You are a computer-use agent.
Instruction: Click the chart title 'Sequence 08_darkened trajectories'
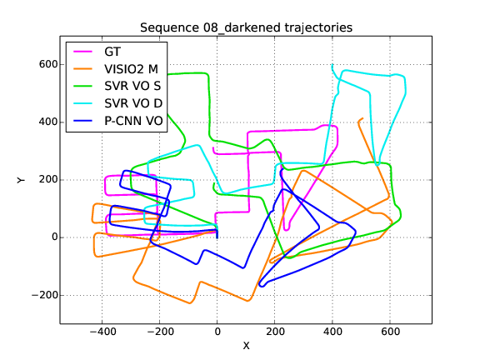(x=246, y=27)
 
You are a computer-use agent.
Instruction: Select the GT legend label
(x=112, y=52)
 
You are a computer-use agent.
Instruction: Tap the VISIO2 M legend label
(x=132, y=69)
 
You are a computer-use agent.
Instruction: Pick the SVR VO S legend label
(x=132, y=86)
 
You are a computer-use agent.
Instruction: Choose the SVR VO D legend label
(x=133, y=103)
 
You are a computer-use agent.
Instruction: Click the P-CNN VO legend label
(x=134, y=121)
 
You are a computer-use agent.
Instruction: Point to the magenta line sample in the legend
(x=82, y=52)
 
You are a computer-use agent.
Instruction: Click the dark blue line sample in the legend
(x=82, y=121)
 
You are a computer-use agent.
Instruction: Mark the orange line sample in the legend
(x=82, y=69)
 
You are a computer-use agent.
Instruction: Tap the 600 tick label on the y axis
(x=48, y=65)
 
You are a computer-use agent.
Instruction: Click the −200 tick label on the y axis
(x=45, y=295)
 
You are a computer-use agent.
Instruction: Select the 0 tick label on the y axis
(x=55, y=237)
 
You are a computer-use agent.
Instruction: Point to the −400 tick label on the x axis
(x=102, y=332)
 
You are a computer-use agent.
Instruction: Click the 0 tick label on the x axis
(x=217, y=332)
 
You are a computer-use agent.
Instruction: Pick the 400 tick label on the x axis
(x=332, y=332)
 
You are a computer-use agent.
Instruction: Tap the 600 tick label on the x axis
(x=390, y=332)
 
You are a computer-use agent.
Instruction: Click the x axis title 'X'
(x=246, y=346)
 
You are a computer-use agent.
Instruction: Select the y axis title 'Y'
(x=21, y=180)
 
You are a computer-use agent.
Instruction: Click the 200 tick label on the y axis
(x=48, y=180)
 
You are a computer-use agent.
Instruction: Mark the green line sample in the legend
(x=82, y=87)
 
